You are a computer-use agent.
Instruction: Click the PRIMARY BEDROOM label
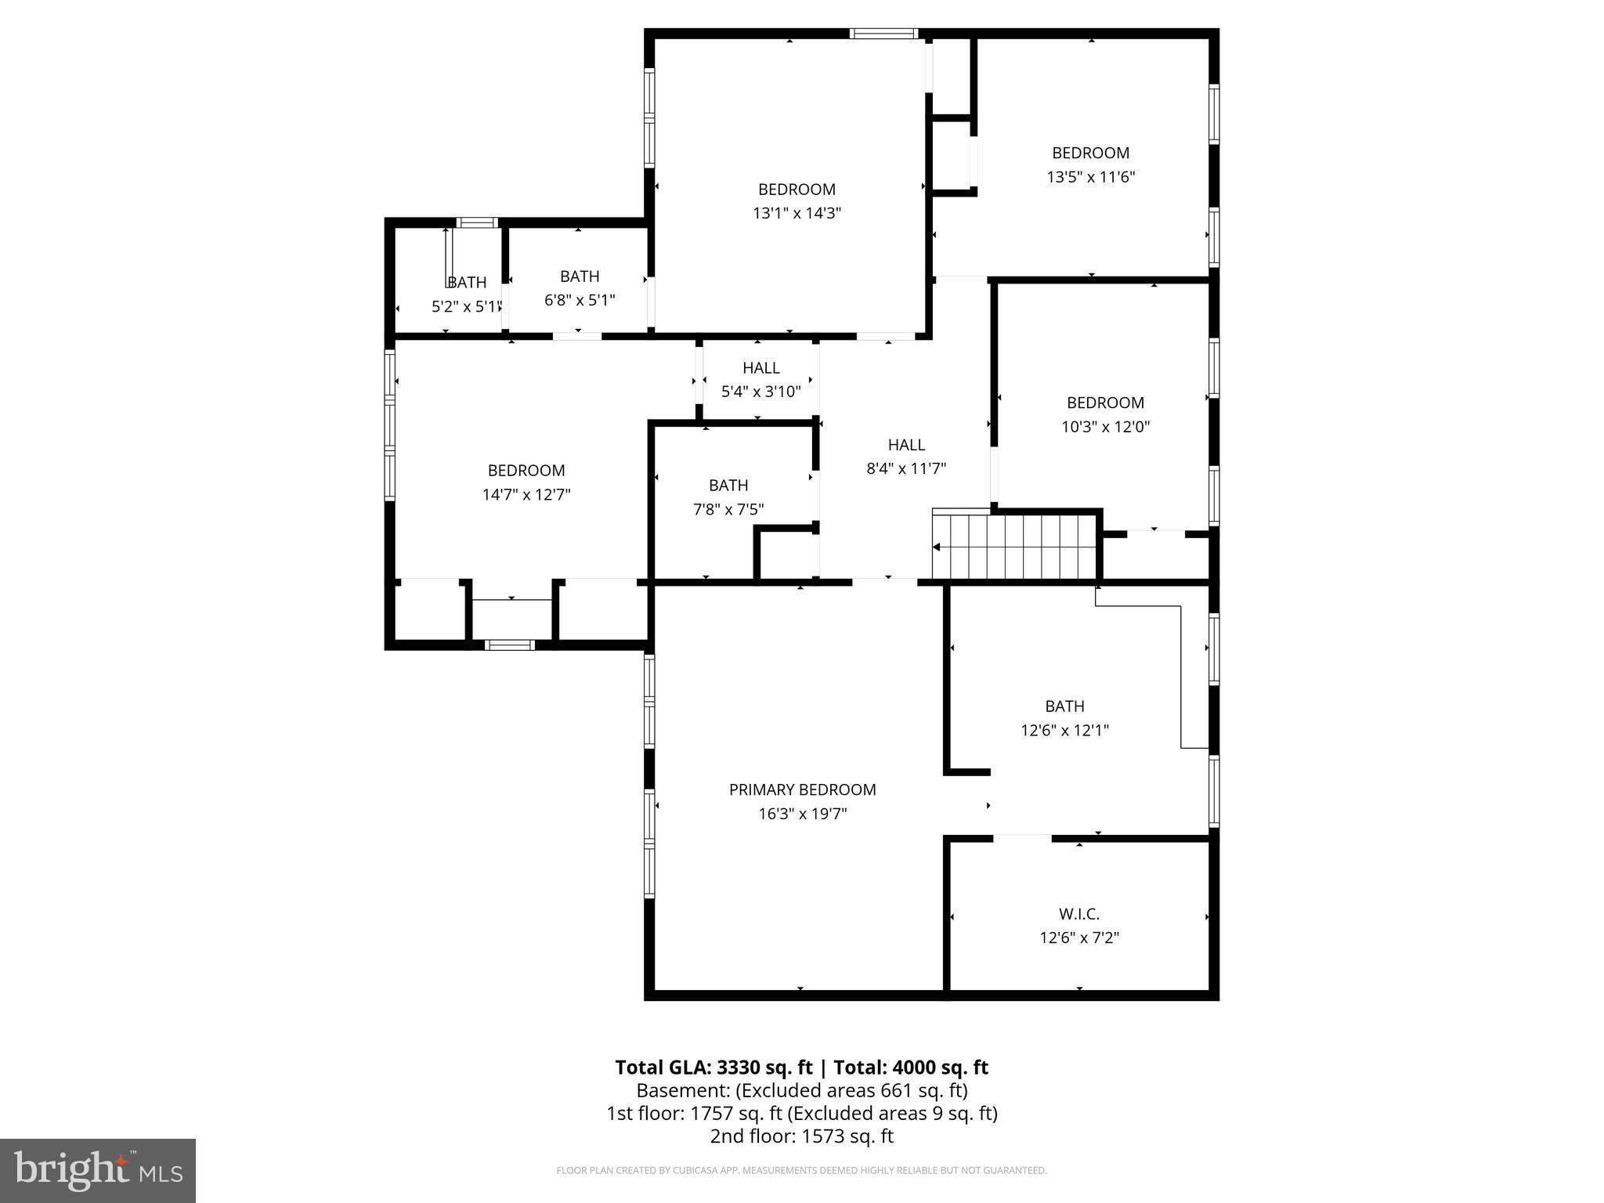[802, 789]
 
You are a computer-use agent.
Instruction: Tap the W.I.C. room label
[1078, 913]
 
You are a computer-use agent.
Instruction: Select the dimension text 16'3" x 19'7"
[802, 814]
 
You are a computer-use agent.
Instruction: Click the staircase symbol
[1015, 546]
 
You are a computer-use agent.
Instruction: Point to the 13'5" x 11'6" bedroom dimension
[1090, 177]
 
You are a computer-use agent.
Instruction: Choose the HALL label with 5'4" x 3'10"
[760, 367]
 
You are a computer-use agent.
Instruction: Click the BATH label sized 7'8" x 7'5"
[728, 485]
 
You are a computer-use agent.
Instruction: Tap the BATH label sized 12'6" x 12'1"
[1064, 706]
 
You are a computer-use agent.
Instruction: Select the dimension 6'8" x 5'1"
[580, 300]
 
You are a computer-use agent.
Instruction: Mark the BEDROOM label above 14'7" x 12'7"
[526, 470]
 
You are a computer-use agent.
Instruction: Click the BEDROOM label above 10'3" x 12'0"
[1105, 403]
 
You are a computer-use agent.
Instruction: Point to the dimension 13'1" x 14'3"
[797, 213]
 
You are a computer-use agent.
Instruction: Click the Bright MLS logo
[98, 1170]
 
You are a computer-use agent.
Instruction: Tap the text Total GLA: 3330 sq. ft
[713, 1068]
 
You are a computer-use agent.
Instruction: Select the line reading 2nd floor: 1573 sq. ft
[801, 1136]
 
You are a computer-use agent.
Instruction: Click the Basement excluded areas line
[801, 1090]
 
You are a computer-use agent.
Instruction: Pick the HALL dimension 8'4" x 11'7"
[906, 468]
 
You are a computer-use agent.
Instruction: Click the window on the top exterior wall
[883, 33]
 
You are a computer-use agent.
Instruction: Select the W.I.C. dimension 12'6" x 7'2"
[1078, 937]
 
